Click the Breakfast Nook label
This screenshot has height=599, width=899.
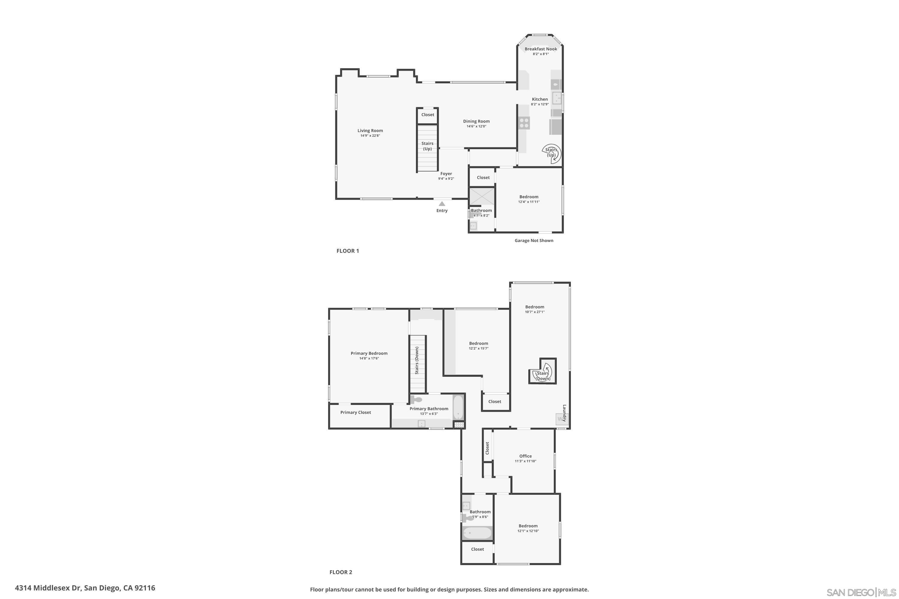(x=541, y=49)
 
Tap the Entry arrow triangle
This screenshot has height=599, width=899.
(x=442, y=204)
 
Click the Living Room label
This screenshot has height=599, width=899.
(x=370, y=131)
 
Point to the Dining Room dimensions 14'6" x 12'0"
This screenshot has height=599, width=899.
(x=476, y=126)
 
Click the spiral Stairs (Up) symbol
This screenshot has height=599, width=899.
(x=552, y=154)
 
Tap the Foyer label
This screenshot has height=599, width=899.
(x=446, y=173)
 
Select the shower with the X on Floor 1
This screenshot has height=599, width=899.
(x=482, y=197)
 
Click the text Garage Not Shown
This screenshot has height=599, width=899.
(x=534, y=241)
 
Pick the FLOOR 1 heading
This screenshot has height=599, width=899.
(x=347, y=251)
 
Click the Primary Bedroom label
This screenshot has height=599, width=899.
(x=369, y=353)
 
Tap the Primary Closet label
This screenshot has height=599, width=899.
(x=355, y=413)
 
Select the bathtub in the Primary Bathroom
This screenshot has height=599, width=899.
(x=458, y=407)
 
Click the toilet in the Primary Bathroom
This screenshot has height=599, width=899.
(x=416, y=400)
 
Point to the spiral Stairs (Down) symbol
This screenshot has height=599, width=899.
(x=543, y=373)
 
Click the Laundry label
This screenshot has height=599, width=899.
(x=564, y=413)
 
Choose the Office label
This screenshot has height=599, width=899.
(x=525, y=456)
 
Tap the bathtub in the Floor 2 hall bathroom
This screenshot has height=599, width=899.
(x=477, y=533)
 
